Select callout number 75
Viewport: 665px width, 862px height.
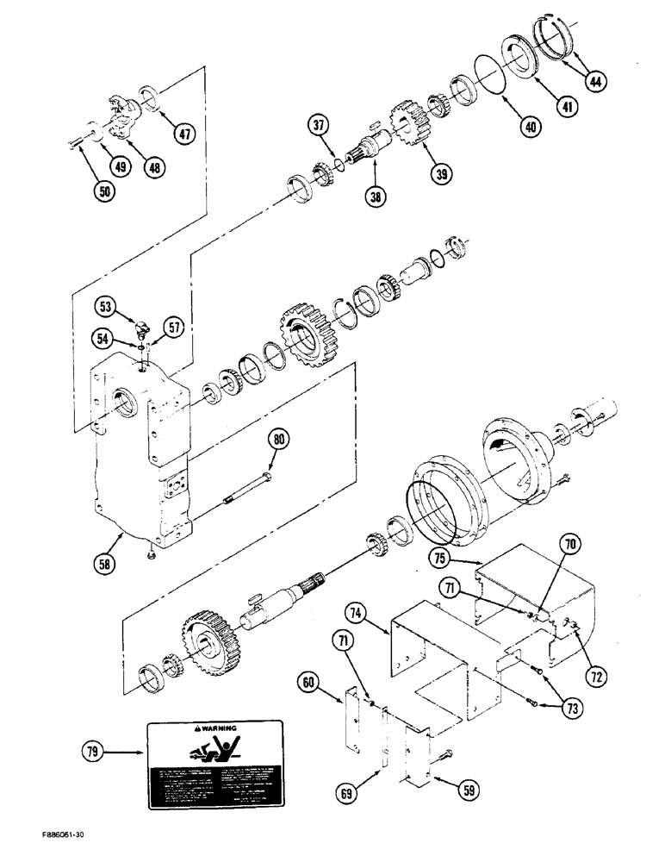pyautogui.click(x=441, y=558)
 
